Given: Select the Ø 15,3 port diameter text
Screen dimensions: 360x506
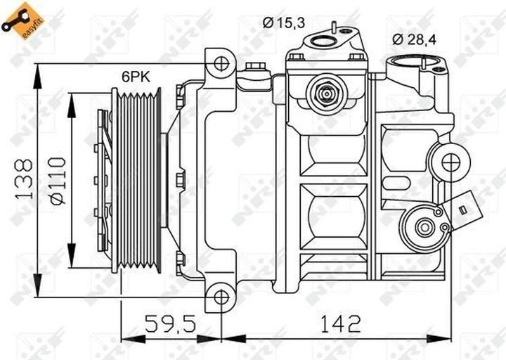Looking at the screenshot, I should coord(285,23).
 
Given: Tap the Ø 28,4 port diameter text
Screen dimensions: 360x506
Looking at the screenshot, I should coord(415,39).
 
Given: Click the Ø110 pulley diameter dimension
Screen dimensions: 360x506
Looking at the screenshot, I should coord(58,179).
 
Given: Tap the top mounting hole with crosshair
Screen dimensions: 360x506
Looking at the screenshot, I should coord(221,64).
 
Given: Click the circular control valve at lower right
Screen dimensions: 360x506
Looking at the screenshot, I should coord(424,227).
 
